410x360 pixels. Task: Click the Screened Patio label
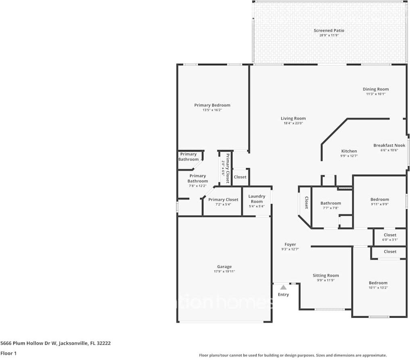click(329, 31)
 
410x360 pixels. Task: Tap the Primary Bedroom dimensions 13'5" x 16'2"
click(212, 110)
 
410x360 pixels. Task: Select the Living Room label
click(293, 119)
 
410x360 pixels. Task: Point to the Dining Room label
click(375, 89)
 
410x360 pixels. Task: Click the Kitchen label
click(349, 151)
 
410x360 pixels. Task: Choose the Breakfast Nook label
click(389, 146)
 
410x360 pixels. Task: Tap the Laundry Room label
click(257, 199)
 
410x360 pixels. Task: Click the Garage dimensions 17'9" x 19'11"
click(224, 271)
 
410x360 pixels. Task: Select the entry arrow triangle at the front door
click(283, 287)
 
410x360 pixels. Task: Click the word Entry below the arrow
click(283, 295)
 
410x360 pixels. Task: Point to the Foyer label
click(290, 244)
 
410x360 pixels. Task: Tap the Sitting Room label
click(326, 276)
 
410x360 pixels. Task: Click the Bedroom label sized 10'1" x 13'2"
click(378, 283)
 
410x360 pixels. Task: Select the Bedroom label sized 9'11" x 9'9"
click(380, 199)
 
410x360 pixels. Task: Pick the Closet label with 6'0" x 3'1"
click(390, 235)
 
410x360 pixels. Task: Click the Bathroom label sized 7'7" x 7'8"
click(331, 203)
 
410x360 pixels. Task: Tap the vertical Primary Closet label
click(227, 169)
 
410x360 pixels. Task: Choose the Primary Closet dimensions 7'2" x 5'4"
click(223, 204)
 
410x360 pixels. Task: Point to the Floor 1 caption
click(8, 354)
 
